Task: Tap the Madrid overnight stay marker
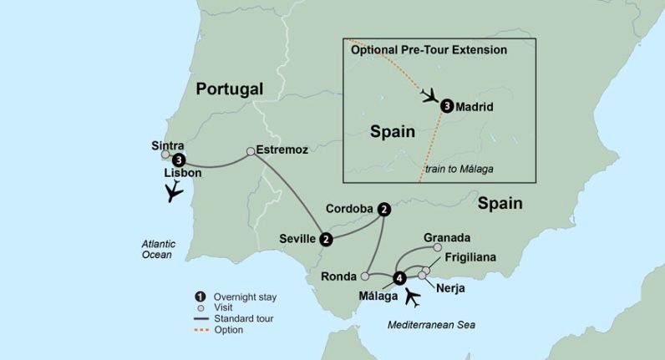pyautogui.click(x=447, y=106)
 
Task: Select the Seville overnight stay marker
pyautogui.click(x=326, y=240)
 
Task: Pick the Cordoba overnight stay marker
pyautogui.click(x=383, y=209)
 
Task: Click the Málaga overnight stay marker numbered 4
pyautogui.click(x=399, y=278)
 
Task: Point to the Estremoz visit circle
pyautogui.click(x=251, y=152)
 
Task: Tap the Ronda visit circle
pyautogui.click(x=365, y=276)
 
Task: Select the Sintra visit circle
pyautogui.click(x=165, y=155)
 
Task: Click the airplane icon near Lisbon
pyautogui.click(x=175, y=192)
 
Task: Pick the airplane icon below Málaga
pyautogui.click(x=412, y=297)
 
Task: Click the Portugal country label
pyautogui.click(x=229, y=89)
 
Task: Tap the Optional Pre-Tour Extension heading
pyautogui.click(x=429, y=50)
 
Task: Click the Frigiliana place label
pyautogui.click(x=470, y=257)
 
